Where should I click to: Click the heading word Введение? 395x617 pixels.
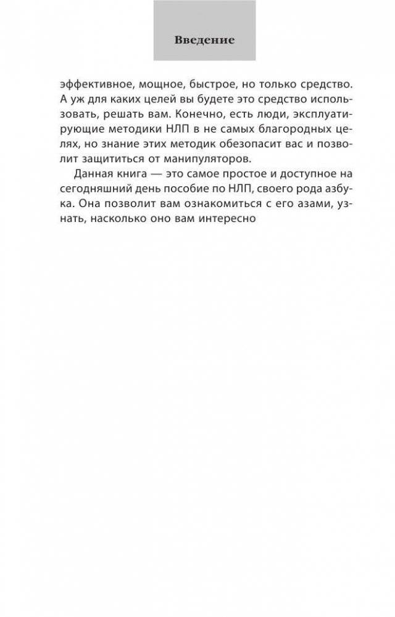point(204,41)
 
